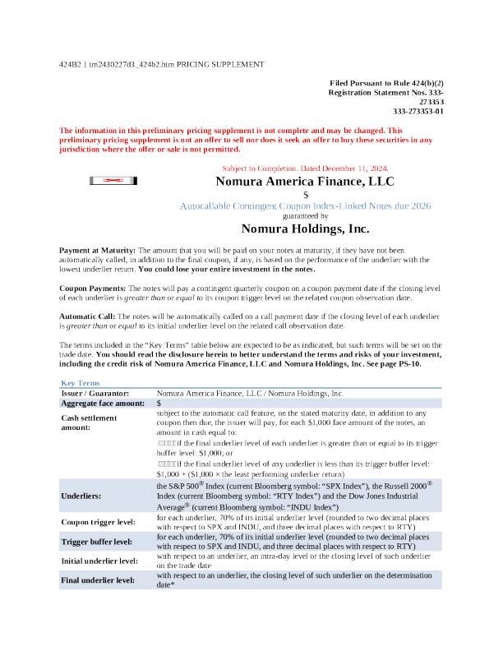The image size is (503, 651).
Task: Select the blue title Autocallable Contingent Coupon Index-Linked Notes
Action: pyautogui.click(x=305, y=205)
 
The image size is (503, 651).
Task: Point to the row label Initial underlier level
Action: pyautogui.click(x=99, y=561)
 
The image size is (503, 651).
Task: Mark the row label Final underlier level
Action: pyautogui.click(x=97, y=580)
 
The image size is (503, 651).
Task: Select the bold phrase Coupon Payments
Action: pyautogui.click(x=92, y=289)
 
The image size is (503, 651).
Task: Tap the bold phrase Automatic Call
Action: pyautogui.click(x=88, y=316)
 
